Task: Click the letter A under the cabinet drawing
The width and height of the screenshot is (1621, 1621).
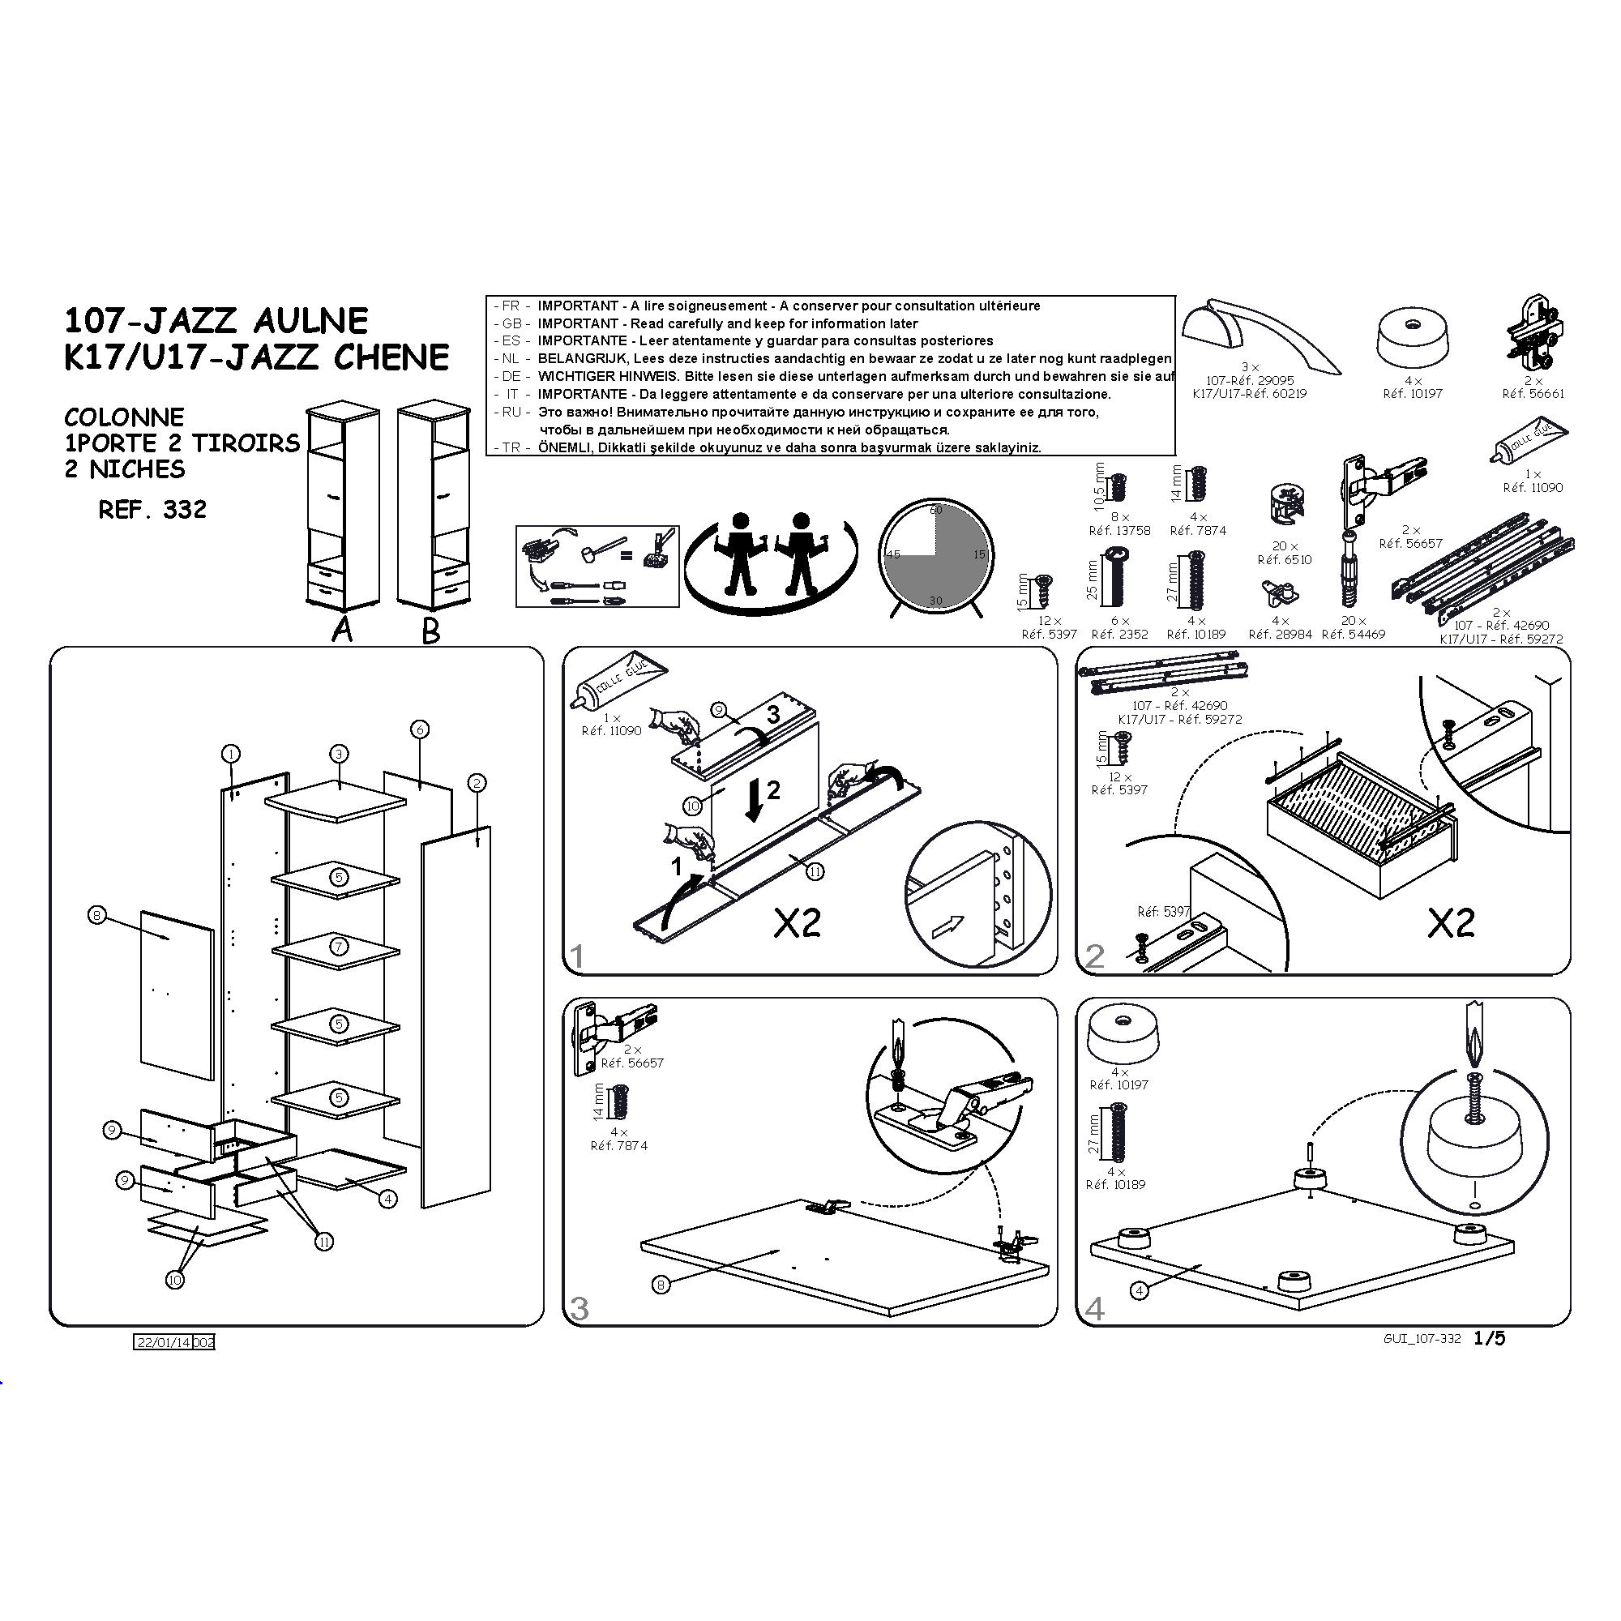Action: (341, 628)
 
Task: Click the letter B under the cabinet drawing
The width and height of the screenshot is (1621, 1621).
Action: (431, 630)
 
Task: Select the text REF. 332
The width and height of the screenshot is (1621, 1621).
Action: (152, 509)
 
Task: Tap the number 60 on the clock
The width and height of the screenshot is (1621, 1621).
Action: (936, 510)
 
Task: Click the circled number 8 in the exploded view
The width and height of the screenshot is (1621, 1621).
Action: (97, 914)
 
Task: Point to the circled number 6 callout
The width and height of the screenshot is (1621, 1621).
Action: (420, 729)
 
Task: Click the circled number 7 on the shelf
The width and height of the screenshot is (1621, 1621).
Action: (338, 947)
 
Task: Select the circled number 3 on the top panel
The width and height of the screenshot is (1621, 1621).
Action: (338, 754)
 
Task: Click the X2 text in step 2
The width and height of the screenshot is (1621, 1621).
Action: (1451, 924)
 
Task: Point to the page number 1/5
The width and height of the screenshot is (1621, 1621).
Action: (1489, 1338)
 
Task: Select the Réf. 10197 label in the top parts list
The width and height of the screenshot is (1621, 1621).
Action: (1413, 392)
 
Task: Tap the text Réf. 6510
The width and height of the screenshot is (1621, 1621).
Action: (1285, 559)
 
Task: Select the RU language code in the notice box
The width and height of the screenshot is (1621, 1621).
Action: (511, 412)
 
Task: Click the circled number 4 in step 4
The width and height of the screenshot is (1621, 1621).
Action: (1139, 1290)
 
